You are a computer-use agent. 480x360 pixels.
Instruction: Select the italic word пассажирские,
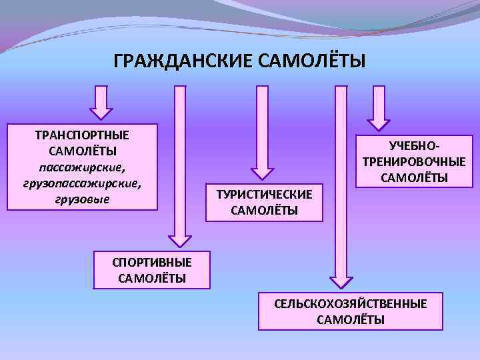pyautogui.click(x=83, y=167)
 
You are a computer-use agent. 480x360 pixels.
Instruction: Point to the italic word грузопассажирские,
pyautogui.click(x=83, y=183)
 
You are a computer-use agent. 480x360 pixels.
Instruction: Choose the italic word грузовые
pyautogui.click(x=83, y=199)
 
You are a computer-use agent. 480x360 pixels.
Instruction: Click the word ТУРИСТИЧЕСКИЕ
pyautogui.click(x=264, y=195)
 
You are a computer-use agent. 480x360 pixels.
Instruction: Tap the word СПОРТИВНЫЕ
pyautogui.click(x=152, y=262)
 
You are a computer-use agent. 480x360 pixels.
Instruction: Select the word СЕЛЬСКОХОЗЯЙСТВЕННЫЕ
pyautogui.click(x=351, y=303)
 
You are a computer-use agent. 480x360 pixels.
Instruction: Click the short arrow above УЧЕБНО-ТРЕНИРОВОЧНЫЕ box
pyautogui.click(x=379, y=107)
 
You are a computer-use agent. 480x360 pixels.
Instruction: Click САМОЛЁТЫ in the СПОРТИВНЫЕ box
pyautogui.click(x=152, y=278)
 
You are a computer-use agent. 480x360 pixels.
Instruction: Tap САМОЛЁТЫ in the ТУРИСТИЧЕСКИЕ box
pyautogui.click(x=264, y=211)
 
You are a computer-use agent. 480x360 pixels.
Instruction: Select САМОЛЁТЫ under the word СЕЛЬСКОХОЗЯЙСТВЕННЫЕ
pyautogui.click(x=351, y=319)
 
